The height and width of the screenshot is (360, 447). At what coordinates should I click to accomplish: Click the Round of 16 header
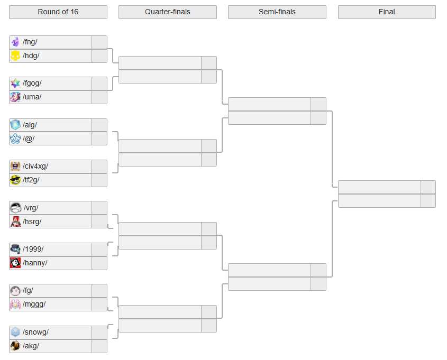tap(58, 12)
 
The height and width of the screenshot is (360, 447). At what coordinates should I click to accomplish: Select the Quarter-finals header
tap(168, 12)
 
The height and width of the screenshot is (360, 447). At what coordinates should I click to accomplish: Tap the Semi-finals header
tap(277, 12)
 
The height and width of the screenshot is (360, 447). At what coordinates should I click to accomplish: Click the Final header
tap(387, 12)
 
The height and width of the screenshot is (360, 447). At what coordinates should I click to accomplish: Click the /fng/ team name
tap(30, 42)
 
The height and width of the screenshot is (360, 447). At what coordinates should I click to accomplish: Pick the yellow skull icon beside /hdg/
tap(15, 56)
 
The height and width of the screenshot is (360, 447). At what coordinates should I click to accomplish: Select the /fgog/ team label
tap(32, 84)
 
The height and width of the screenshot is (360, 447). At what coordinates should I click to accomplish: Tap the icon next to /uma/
tap(15, 97)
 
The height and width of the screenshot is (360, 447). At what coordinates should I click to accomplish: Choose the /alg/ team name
tap(30, 125)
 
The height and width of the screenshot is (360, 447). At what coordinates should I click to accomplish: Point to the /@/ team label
tap(29, 139)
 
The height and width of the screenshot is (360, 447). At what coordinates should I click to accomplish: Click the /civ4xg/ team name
tap(35, 167)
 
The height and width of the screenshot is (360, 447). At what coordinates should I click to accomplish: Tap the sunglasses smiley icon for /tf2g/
tap(15, 180)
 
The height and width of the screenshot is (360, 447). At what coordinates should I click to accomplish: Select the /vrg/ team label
tap(31, 208)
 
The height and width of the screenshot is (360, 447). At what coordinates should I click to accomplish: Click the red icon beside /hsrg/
tap(15, 222)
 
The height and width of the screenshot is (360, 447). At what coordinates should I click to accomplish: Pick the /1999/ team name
tap(33, 250)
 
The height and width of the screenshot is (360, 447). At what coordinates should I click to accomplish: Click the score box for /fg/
tap(99, 291)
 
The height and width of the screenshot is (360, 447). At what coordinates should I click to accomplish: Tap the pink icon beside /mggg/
tap(15, 304)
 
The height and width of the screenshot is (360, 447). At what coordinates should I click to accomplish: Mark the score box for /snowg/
tap(99, 333)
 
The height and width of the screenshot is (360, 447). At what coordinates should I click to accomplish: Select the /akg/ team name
tap(31, 346)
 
